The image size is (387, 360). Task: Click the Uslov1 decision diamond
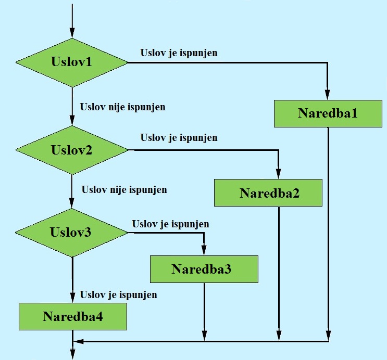[x=72, y=62]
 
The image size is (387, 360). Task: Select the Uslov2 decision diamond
[x=72, y=150]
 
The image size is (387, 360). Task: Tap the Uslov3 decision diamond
[x=72, y=233]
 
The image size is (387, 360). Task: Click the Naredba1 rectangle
[x=328, y=113]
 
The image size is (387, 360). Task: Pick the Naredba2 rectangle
[x=269, y=193]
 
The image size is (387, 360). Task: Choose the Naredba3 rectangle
[x=204, y=269]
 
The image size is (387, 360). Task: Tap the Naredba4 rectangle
[x=72, y=316]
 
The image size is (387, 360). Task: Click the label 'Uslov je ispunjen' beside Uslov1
[x=179, y=53]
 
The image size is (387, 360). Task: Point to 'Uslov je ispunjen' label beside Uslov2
[x=179, y=138]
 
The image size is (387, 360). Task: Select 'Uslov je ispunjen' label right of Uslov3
[x=170, y=224]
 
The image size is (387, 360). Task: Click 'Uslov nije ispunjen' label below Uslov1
[x=122, y=107]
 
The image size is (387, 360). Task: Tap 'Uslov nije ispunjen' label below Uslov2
[x=124, y=189]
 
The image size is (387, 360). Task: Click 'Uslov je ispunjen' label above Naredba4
[x=118, y=295]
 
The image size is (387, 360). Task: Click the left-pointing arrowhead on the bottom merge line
[x=78, y=341]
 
